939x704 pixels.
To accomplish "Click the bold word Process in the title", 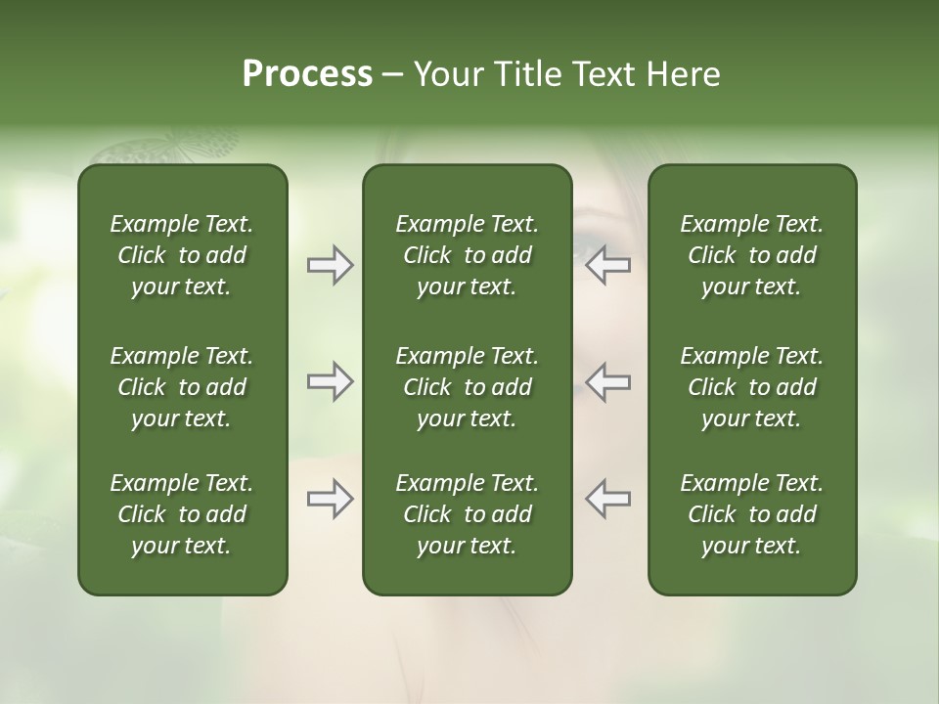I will coord(307,74).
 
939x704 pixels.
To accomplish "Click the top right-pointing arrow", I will coord(330,265).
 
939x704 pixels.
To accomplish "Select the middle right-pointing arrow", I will coord(330,381).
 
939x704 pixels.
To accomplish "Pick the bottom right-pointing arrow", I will coord(330,500).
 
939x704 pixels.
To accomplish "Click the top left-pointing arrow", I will coord(608,265).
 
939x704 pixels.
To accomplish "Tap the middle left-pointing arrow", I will coord(608,381).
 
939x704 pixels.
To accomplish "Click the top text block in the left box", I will coord(182,255).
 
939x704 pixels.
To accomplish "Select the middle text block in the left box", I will coord(182,387).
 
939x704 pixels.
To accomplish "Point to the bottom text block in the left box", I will coord(182,514).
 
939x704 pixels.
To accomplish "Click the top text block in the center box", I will coord(467,255).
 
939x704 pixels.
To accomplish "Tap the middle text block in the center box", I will coord(467,387).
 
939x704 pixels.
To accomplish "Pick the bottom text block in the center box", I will coord(467,514).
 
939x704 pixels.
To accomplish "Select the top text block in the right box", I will coord(752,255).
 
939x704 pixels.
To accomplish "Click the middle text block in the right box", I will coord(752,387).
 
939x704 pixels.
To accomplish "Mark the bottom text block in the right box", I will coord(752,514).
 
